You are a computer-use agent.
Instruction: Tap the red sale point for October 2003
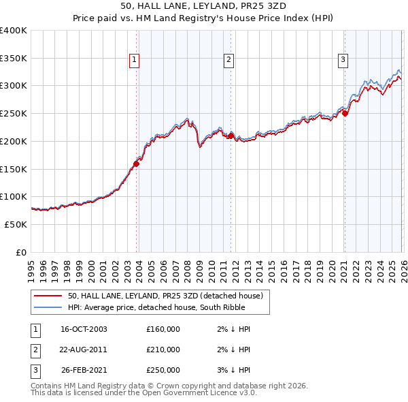[137, 164]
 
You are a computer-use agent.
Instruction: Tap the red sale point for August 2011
[231, 136]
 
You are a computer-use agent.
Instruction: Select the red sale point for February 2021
[345, 114]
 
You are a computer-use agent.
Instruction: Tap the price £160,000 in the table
[163, 329]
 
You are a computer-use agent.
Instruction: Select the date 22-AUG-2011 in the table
[84, 350]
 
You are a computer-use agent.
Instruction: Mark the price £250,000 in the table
[163, 370]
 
